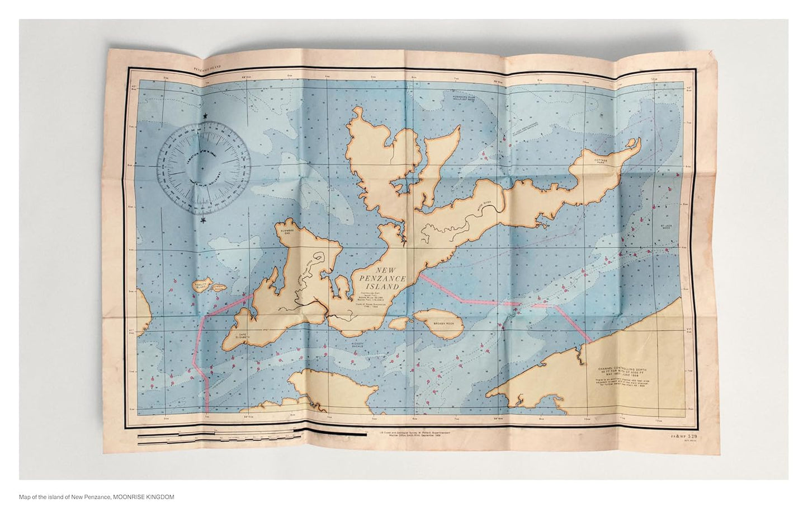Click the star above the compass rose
pos(205,116)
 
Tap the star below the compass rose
pos(203,222)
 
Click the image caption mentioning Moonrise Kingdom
pos(97,496)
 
